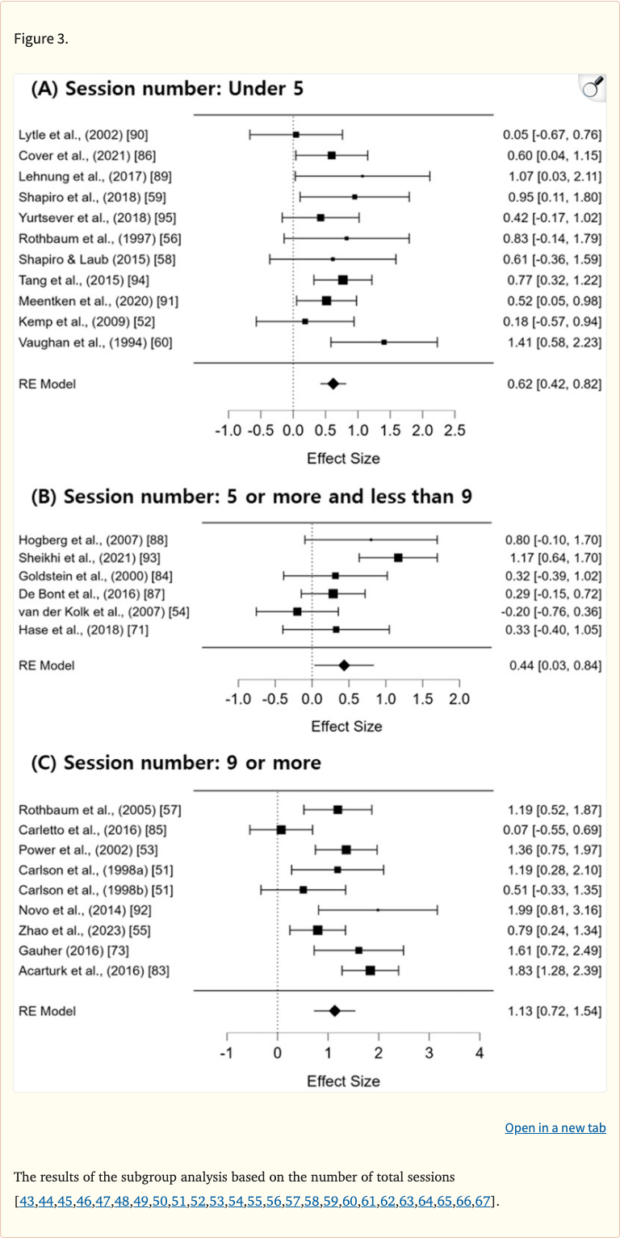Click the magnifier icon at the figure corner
593,88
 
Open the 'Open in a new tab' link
555,1127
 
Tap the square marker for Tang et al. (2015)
342,279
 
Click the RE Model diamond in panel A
333,384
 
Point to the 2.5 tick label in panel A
455,430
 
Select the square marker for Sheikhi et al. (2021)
398,557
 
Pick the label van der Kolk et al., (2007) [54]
103,611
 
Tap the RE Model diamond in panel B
344,665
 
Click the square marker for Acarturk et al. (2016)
370,970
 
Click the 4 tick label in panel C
480,1051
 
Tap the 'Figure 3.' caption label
41,39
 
